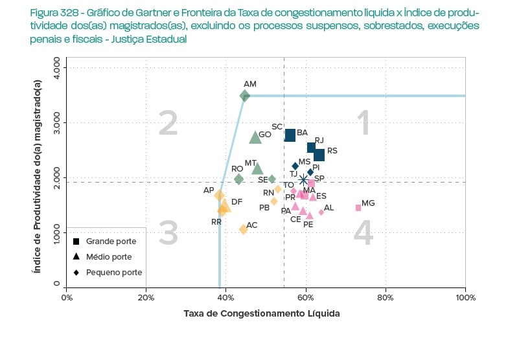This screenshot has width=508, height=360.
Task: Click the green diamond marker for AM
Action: pyautogui.click(x=245, y=96)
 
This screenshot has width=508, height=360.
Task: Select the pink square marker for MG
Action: pyautogui.click(x=358, y=208)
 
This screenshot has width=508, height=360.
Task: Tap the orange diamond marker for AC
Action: pyautogui.click(x=244, y=229)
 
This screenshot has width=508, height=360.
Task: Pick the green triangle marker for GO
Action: pyautogui.click(x=255, y=137)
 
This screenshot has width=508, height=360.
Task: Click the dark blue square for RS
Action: pyautogui.click(x=319, y=155)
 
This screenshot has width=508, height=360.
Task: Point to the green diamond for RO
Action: pyautogui.click(x=239, y=179)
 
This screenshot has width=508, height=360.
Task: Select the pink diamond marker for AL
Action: pyautogui.click(x=321, y=212)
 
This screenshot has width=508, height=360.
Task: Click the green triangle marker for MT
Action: pyautogui.click(x=257, y=169)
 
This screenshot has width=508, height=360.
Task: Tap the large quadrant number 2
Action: pyautogui.click(x=168, y=123)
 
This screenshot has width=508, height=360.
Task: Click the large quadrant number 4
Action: pyautogui.click(x=363, y=233)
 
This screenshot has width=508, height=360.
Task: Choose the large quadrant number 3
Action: pyautogui.click(x=168, y=233)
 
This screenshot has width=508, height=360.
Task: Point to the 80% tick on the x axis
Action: pyautogui.click(x=386, y=297)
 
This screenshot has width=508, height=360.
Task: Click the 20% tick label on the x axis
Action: pyautogui.click(x=146, y=297)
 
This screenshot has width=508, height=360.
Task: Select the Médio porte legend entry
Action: pyautogui.click(x=109, y=257)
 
